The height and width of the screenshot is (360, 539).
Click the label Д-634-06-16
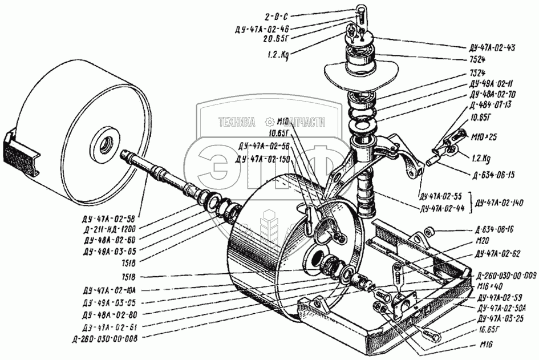pos(495,229)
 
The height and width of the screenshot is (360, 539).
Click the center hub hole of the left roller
pos(105,140)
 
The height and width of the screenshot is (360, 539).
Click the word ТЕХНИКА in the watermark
pos(236,122)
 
